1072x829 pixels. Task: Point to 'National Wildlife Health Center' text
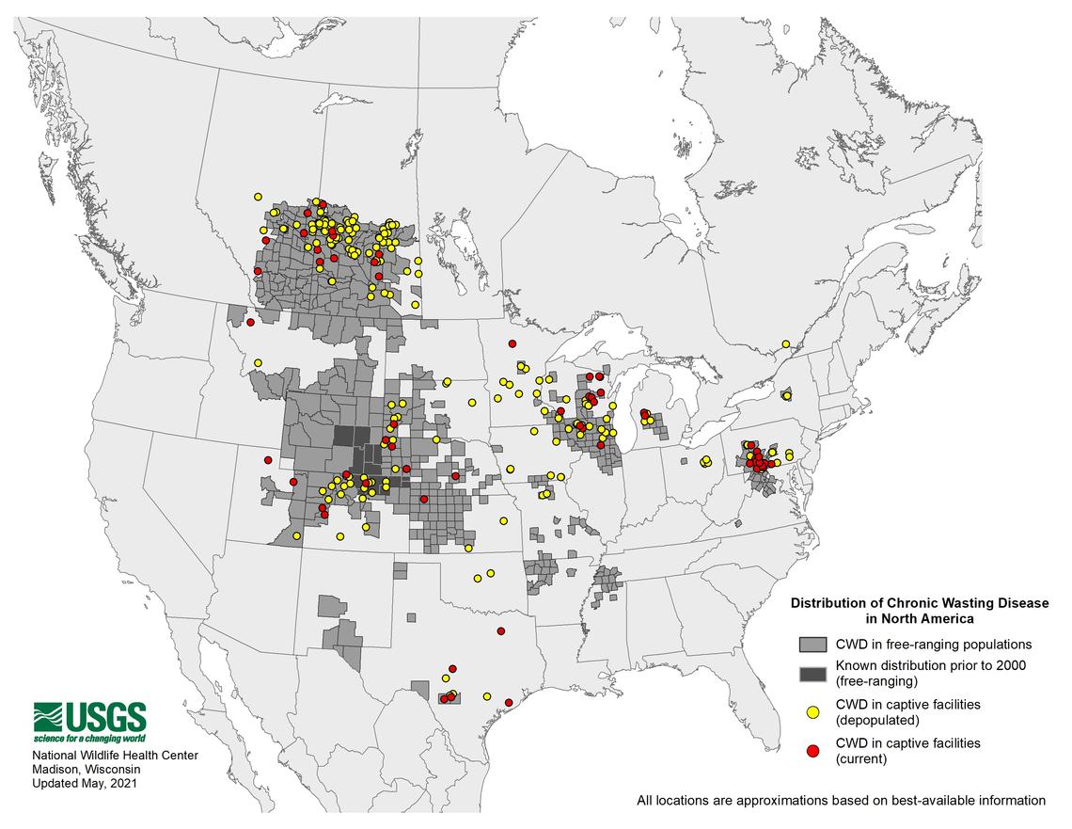116,756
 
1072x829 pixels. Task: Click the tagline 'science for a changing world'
90,738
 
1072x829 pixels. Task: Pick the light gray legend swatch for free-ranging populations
812,645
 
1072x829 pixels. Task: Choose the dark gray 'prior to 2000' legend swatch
812,673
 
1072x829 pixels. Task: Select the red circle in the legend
813,750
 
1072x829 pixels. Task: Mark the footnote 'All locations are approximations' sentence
841,801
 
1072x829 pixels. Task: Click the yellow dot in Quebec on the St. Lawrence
785,344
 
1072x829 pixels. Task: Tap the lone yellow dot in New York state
787,396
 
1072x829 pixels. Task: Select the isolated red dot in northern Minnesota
512,343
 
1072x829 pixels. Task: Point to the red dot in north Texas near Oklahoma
501,630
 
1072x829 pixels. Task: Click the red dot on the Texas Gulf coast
509,702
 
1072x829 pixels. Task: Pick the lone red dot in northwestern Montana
251,323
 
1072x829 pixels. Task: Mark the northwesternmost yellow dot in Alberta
257,197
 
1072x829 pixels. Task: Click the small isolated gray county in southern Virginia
739,524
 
